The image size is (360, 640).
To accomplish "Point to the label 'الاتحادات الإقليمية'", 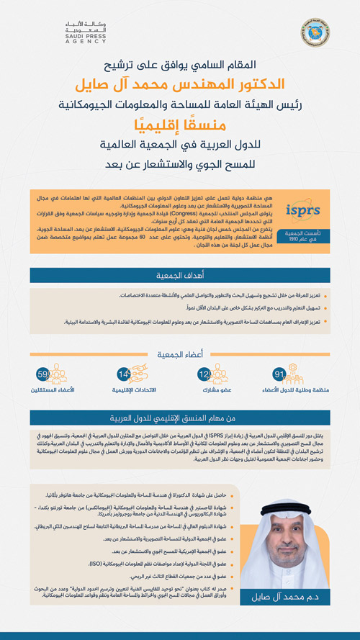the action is (x=137, y=390).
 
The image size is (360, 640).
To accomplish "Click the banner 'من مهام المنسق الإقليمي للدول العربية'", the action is (x=179, y=418).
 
